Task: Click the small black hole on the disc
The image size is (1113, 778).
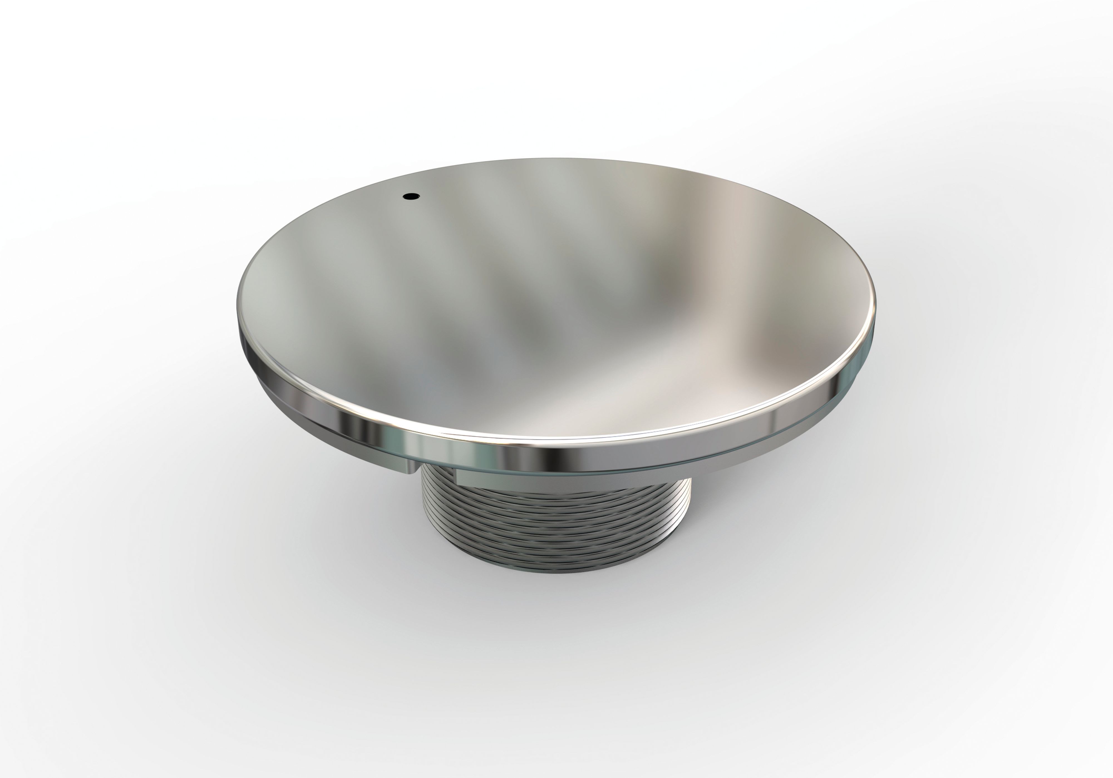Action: tap(411, 196)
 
